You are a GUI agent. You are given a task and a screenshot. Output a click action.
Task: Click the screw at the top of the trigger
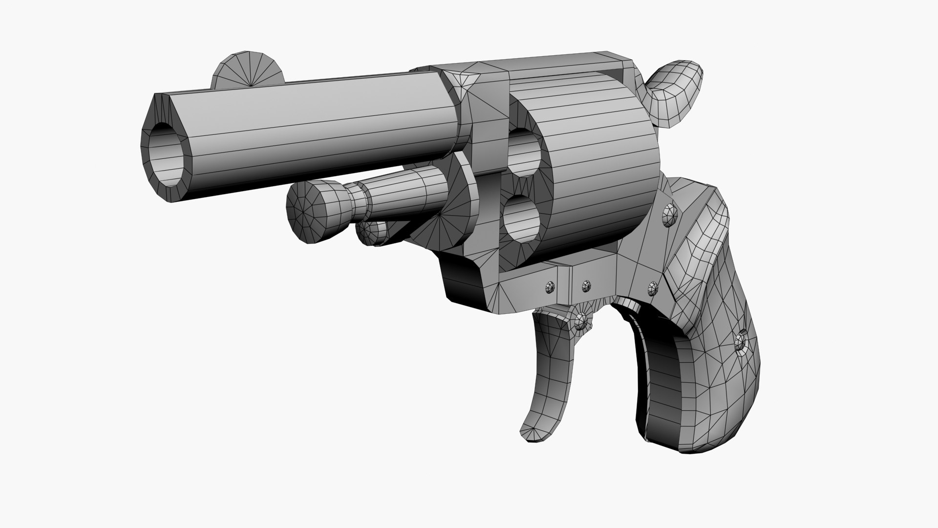tap(581, 320)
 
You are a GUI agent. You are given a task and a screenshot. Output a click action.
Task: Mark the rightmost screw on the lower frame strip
tap(653, 287)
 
